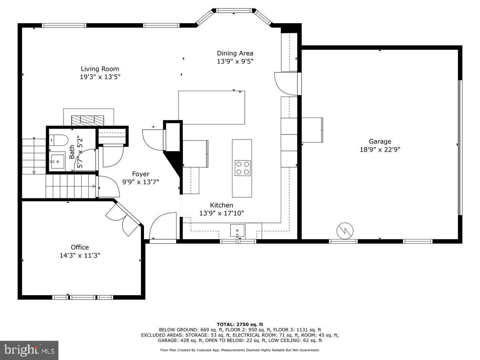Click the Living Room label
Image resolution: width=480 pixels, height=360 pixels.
coord(100,69)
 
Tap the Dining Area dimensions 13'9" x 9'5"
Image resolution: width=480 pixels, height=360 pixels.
coord(235,61)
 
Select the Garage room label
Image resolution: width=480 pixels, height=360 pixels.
coord(380,141)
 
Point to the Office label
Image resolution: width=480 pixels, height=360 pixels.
coord(80,247)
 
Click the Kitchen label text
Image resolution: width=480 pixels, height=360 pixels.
coord(221,205)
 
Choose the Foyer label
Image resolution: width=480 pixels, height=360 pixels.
coord(141,174)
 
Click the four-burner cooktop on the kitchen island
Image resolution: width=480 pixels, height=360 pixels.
coord(242,168)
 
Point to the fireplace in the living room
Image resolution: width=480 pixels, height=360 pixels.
coord(88,120)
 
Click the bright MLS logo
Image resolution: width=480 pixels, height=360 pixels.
coord(29,350)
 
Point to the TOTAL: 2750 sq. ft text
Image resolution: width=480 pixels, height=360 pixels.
coord(240,324)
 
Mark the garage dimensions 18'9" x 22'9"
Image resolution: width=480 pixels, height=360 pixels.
coord(380,149)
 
